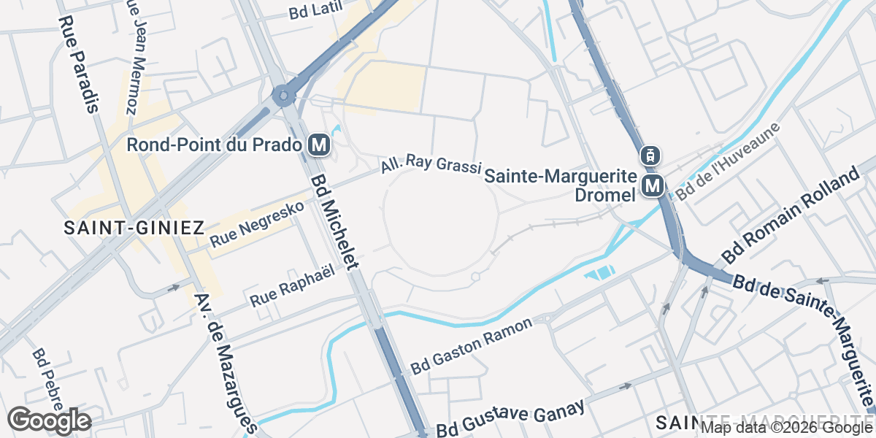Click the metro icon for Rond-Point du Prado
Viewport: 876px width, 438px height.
pyautogui.click(x=319, y=145)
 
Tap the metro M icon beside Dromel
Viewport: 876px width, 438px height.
pyautogui.click(x=653, y=186)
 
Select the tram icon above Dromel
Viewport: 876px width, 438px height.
pyautogui.click(x=650, y=155)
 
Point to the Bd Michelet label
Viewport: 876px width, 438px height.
pyautogui.click(x=337, y=222)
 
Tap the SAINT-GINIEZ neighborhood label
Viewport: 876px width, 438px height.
pyautogui.click(x=134, y=228)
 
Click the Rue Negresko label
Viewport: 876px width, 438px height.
pyautogui.click(x=256, y=223)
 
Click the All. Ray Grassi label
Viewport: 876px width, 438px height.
pyautogui.click(x=430, y=165)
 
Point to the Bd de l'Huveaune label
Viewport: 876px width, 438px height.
pyautogui.click(x=728, y=161)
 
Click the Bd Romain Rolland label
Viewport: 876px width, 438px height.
pyautogui.click(x=791, y=216)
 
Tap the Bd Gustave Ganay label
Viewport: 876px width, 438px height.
pyautogui.click(x=511, y=418)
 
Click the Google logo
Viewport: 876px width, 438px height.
pyautogui.click(x=49, y=420)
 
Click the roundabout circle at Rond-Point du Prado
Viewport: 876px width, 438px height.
pyautogui.click(x=283, y=95)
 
